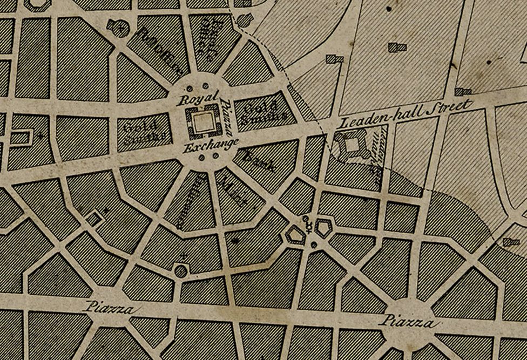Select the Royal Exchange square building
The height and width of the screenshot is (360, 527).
coord(203,123)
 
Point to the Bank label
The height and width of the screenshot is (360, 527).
coord(260,162)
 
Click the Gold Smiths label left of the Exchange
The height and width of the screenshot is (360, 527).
coord(141,133)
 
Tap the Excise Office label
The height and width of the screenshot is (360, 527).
coord(209,38)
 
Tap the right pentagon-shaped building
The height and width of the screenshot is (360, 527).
coord(325,228)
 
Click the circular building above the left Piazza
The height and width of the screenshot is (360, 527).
coord(180,270)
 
